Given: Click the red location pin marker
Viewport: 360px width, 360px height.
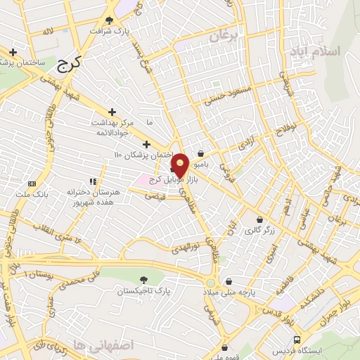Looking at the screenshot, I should coord(181,165).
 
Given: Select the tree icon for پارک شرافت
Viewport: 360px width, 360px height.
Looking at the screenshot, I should coord(109,20).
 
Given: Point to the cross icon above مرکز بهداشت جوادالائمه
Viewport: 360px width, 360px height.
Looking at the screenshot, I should coord(112,112).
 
